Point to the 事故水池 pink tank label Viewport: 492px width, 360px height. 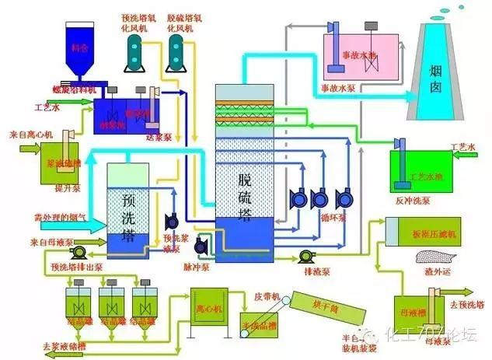coord(359,56)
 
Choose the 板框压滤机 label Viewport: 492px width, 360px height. coord(431,232)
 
